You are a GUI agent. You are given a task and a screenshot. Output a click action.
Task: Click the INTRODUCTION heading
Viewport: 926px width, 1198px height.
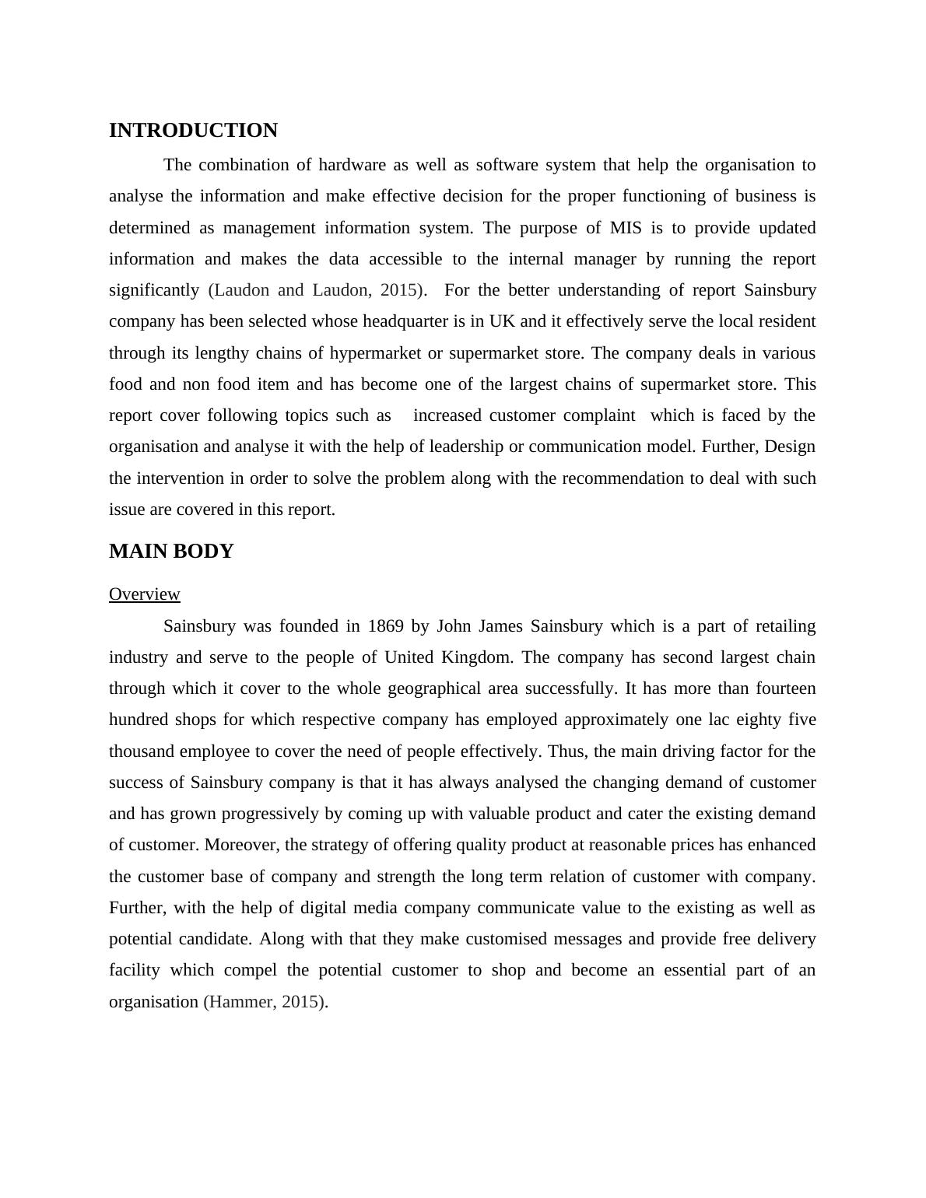tap(193, 131)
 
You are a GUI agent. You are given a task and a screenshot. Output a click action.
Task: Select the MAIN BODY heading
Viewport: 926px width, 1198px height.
tap(171, 552)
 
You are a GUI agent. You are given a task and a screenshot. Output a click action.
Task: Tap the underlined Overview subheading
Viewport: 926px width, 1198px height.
tap(145, 594)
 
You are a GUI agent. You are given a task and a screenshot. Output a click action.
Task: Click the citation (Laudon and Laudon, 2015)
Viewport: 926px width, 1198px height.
tap(317, 290)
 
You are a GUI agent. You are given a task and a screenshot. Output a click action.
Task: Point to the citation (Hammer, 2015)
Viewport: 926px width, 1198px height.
tap(265, 1002)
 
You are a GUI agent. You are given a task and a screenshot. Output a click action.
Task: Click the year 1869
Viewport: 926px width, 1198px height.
tap(385, 626)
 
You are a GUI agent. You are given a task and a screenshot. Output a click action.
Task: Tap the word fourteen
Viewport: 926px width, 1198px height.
tap(785, 688)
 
